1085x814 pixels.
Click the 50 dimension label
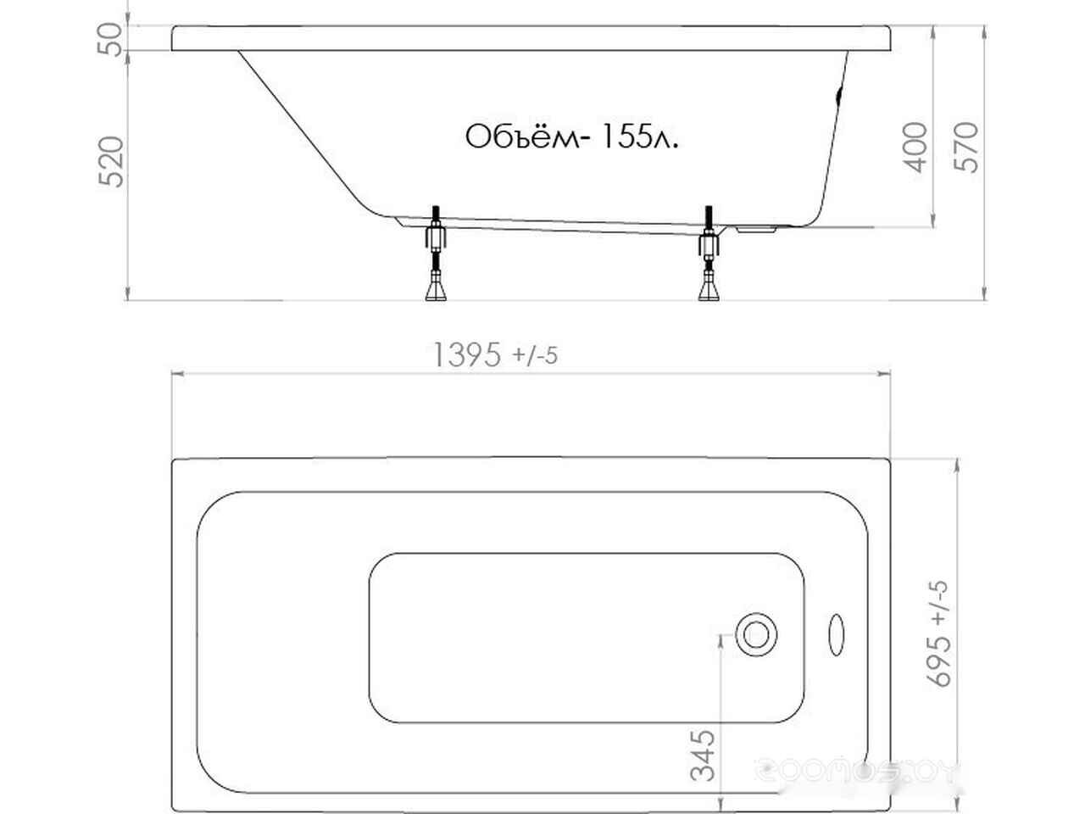[x=109, y=40]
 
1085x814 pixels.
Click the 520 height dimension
[x=111, y=162]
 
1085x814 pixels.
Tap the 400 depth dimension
[x=915, y=148]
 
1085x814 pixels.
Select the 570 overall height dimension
[x=965, y=148]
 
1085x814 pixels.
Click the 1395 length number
[x=467, y=355]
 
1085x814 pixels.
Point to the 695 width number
[x=938, y=661]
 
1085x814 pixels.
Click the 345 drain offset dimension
[x=703, y=755]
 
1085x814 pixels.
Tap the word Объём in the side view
[x=522, y=136]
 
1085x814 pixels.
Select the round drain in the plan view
[x=756, y=634]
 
